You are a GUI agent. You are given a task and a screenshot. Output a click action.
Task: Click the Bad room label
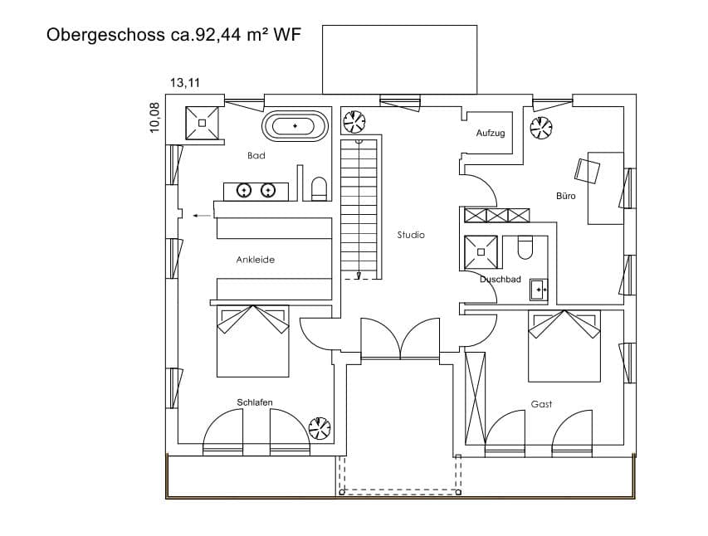point(256,156)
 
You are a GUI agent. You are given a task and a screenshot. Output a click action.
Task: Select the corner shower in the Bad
point(202,124)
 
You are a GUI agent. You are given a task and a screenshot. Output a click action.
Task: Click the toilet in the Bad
point(318,189)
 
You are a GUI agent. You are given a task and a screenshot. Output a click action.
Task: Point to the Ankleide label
point(255,260)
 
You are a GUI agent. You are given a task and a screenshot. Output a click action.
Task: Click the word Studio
point(411,235)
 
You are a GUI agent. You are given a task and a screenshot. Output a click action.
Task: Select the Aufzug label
point(490,133)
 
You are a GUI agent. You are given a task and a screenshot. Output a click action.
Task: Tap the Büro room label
point(565,196)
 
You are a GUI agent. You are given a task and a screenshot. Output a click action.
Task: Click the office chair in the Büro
point(587,169)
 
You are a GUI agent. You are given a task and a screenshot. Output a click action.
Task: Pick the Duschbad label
point(500,280)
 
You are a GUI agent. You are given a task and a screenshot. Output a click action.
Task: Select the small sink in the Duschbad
point(539,290)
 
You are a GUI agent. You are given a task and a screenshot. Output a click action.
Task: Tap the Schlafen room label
point(255,402)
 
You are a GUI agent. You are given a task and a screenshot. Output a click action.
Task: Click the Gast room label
point(541,404)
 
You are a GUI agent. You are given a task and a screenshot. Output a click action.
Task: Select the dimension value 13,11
point(185,82)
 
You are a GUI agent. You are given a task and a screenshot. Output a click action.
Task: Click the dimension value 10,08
point(154,117)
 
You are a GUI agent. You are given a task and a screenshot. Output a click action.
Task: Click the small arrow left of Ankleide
point(200,216)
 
